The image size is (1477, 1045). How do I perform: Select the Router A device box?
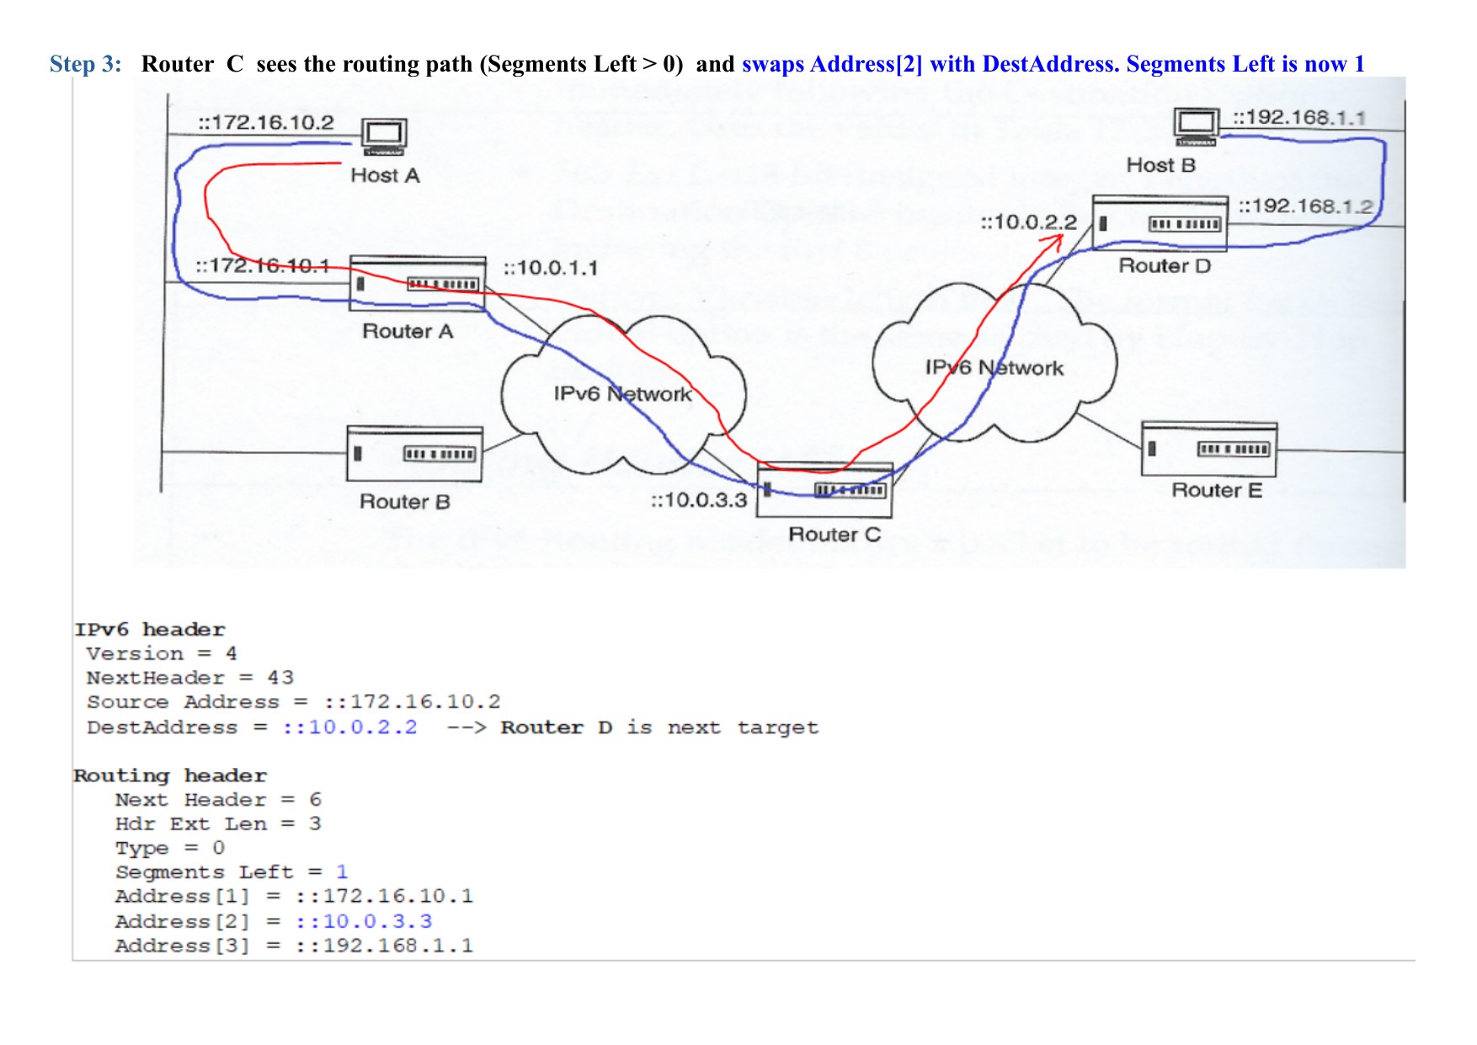(x=418, y=284)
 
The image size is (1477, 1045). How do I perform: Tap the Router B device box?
(x=414, y=455)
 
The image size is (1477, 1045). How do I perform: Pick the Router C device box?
(x=824, y=490)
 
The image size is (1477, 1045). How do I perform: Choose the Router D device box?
(x=1160, y=223)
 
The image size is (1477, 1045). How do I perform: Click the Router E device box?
(x=1209, y=450)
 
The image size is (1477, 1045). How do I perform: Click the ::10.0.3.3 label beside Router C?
(x=699, y=500)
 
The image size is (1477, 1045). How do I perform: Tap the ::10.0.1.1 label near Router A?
(x=551, y=268)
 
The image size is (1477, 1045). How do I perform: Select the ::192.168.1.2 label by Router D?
(x=1305, y=206)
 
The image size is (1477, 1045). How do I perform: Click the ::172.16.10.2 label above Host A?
(x=266, y=123)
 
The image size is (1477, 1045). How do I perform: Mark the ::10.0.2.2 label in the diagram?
(x=1029, y=222)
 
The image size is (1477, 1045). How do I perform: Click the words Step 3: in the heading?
(x=85, y=64)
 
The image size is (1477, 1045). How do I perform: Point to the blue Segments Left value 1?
(x=342, y=872)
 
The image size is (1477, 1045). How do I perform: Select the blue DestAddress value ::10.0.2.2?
(x=349, y=727)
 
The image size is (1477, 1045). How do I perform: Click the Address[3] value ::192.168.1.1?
(x=384, y=946)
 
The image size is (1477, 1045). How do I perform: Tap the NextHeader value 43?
(x=280, y=678)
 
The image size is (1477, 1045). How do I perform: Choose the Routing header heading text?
(x=170, y=776)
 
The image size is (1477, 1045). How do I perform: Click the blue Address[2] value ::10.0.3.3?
(x=364, y=921)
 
